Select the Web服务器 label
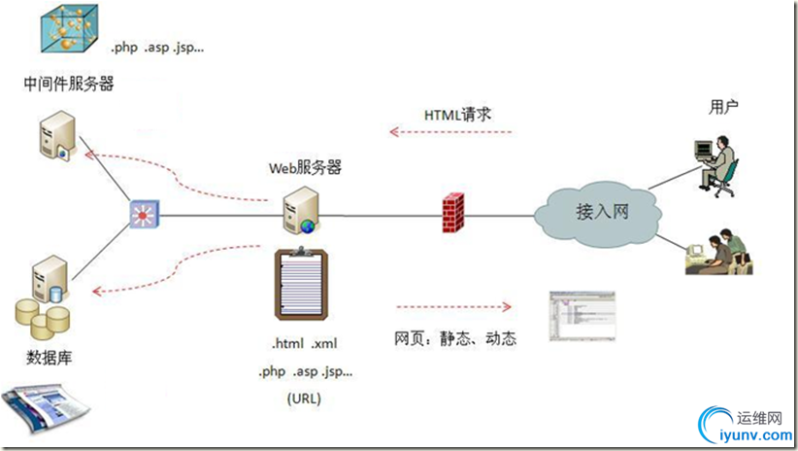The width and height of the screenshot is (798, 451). pyautogui.click(x=305, y=167)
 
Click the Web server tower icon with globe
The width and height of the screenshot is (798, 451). pyautogui.click(x=298, y=210)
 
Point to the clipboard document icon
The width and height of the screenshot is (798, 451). pyautogui.click(x=304, y=286)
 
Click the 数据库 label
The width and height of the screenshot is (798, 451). pyautogui.click(x=49, y=359)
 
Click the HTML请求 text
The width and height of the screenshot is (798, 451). pyautogui.click(x=458, y=114)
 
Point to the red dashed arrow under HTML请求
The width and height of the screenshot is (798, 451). pyautogui.click(x=449, y=131)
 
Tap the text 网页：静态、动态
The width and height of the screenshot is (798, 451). pyautogui.click(x=454, y=339)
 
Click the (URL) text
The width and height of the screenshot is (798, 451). pyautogui.click(x=304, y=399)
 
